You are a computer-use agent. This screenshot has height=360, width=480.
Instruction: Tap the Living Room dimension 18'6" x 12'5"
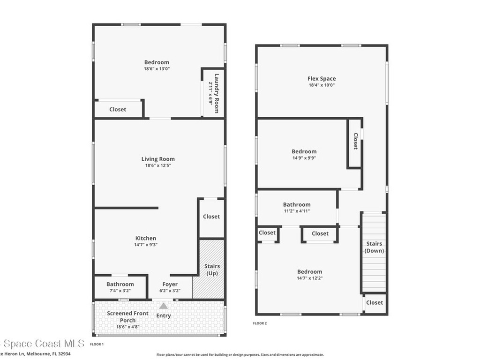tap(158, 165)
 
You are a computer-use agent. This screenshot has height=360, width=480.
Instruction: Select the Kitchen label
tap(146, 238)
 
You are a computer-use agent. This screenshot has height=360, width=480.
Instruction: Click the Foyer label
tap(170, 284)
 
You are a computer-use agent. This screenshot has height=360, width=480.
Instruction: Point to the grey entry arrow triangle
tap(164, 306)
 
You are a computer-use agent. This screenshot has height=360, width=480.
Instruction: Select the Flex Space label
tap(322, 79)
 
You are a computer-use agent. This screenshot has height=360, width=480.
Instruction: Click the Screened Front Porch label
tap(128, 317)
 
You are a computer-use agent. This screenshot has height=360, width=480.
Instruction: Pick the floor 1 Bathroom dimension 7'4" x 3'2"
tap(120, 291)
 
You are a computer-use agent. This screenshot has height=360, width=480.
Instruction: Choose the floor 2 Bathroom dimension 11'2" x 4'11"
tap(297, 211)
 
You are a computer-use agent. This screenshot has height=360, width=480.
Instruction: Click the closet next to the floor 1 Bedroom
tap(118, 109)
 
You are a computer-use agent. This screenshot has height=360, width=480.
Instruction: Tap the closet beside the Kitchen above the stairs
tap(211, 217)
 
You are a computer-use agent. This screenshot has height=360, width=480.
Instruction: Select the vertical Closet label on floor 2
tap(355, 141)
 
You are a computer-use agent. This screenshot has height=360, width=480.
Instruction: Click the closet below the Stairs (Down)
tap(375, 302)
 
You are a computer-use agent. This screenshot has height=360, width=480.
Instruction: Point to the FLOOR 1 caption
tap(97, 344)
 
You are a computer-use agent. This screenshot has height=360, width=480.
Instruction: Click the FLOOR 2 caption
tap(260, 323)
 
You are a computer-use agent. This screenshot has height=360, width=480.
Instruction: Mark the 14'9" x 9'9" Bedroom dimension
tap(304, 158)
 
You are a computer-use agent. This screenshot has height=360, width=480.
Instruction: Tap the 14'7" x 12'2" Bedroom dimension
tap(309, 278)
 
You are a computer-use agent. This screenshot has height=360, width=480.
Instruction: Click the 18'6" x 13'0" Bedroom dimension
tap(157, 69)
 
